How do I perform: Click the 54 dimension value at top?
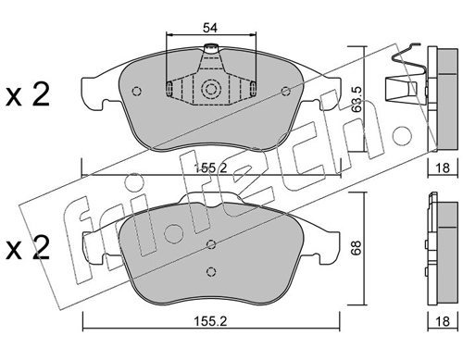[x=210, y=28]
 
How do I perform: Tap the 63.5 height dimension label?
[x=357, y=99]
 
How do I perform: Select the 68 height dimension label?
[x=357, y=248]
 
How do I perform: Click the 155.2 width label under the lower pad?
[x=210, y=321]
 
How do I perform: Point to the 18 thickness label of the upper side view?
[x=443, y=168]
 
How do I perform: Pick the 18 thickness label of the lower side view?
[x=443, y=321]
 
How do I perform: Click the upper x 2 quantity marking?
[x=28, y=95]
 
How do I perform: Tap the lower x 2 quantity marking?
[x=28, y=248]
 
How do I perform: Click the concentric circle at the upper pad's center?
[x=211, y=90]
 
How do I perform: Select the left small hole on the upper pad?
[x=136, y=91]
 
